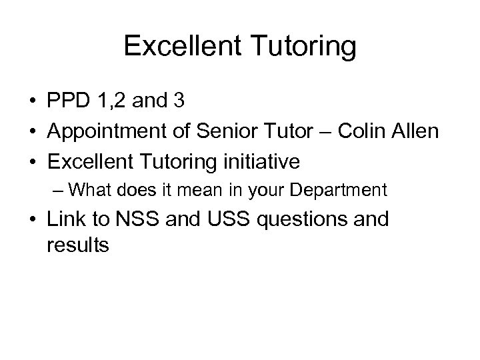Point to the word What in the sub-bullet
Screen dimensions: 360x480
(91, 191)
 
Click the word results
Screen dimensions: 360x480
(78, 245)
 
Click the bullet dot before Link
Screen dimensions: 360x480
(32, 220)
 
